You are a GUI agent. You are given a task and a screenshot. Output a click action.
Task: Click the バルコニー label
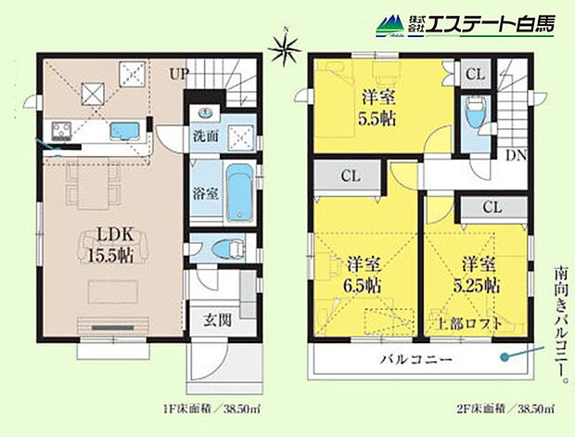tap(415, 359)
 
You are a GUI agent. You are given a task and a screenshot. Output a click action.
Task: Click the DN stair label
tap(515, 155)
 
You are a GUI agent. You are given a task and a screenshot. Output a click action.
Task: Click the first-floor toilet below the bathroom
tap(224, 250)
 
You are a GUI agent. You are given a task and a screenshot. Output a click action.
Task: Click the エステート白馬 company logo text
tap(491, 24)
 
